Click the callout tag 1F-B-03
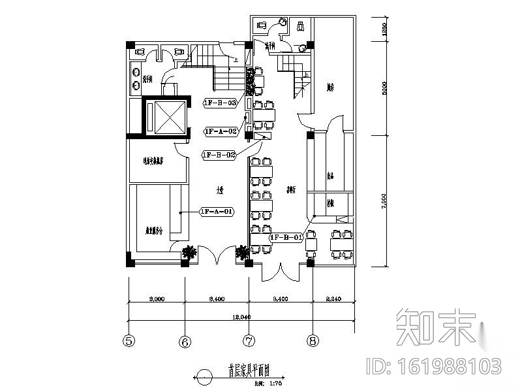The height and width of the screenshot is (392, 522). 220,103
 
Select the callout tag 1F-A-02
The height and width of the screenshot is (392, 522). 220,131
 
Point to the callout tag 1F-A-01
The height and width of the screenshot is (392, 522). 216,212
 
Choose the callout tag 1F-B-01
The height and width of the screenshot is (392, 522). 285,237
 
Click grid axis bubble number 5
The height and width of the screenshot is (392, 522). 129,340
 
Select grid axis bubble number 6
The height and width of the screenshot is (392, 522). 185,340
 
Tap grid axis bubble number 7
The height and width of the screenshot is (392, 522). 248,340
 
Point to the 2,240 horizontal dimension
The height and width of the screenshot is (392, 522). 335,299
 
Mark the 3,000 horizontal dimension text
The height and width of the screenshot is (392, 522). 156,299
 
